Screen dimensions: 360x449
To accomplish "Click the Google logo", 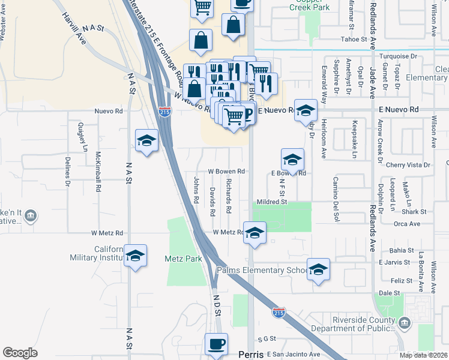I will click(x=20, y=353).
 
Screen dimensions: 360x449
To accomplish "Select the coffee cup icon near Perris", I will click(x=216, y=345).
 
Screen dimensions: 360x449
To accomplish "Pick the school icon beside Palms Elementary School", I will click(x=318, y=269).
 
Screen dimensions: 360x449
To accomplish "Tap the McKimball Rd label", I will click(x=98, y=172).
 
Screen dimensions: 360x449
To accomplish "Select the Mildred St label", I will click(x=273, y=202).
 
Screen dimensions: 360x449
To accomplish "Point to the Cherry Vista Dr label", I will click(x=409, y=165).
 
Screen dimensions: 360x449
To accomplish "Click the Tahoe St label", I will click(x=354, y=40).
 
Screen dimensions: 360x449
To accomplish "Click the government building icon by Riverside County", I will click(x=406, y=323).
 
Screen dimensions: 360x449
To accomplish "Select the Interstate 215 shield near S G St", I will click(x=279, y=313).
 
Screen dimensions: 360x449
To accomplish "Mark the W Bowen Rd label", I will click(x=226, y=171).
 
